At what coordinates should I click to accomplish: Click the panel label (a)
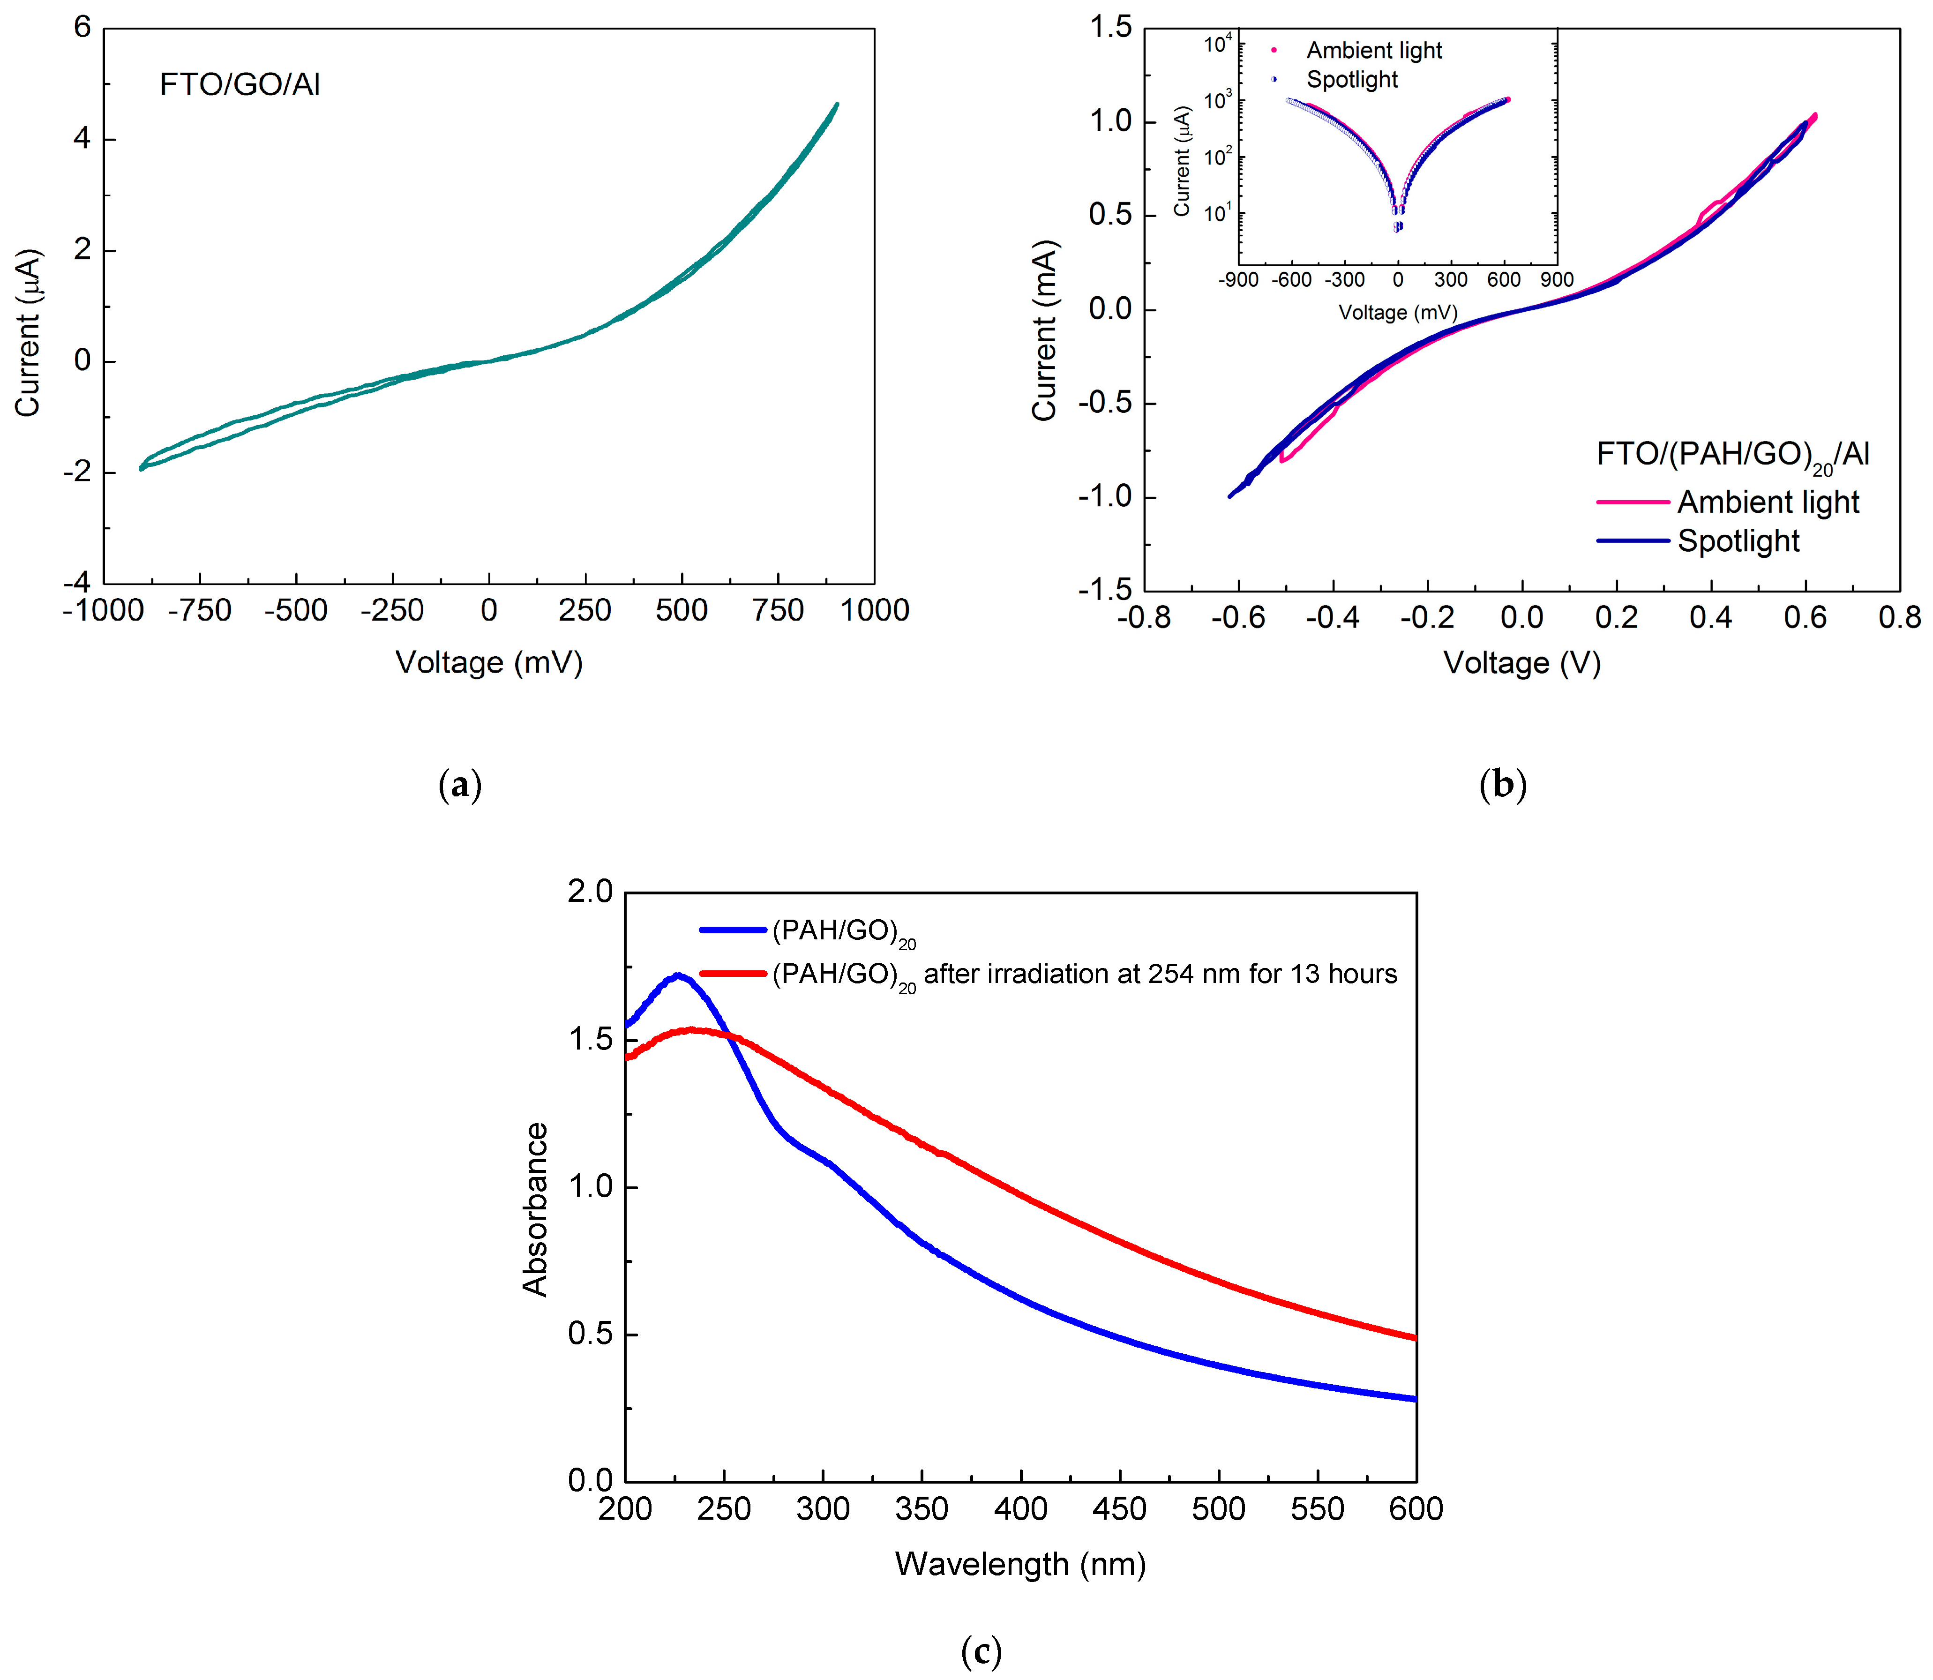tap(459, 784)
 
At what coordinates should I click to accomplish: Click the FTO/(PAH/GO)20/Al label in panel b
tap(1732, 455)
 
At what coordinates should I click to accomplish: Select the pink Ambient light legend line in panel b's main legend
tap(1632, 502)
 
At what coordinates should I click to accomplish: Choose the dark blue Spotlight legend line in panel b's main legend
tap(1632, 541)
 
